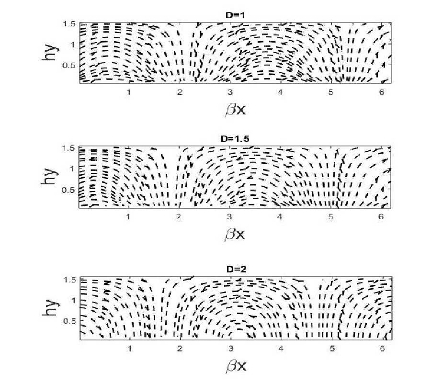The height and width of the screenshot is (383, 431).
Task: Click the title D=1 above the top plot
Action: click(235, 15)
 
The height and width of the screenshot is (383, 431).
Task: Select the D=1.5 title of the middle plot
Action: click(235, 139)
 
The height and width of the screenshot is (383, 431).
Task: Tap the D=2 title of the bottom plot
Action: click(236, 269)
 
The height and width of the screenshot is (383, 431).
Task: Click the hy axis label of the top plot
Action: click(50, 53)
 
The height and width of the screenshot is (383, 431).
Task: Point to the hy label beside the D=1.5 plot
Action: click(50, 177)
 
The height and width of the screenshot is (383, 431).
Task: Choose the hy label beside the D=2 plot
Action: click(51, 307)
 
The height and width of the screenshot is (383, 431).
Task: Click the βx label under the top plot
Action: click(235, 110)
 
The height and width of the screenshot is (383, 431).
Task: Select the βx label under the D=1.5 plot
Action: click(235, 235)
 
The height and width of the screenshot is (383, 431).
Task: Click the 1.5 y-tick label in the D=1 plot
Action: click(69, 24)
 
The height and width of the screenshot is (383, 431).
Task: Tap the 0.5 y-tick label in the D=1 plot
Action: click(69, 66)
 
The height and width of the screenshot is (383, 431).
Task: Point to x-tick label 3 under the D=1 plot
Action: click(230, 92)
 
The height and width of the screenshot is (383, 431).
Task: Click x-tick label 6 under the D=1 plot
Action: click(381, 92)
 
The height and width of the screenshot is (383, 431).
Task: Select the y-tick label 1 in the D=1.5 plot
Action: click(73, 169)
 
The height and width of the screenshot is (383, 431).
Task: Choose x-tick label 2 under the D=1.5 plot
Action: click(179, 217)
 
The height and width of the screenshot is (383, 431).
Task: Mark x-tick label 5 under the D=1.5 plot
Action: click(330, 217)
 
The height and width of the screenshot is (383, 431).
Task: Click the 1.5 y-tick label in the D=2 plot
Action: click(69, 280)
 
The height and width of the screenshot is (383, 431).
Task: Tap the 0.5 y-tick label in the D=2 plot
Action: click(69, 321)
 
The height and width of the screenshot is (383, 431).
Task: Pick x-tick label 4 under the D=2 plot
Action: click(281, 349)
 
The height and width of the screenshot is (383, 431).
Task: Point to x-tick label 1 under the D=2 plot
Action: click(129, 349)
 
